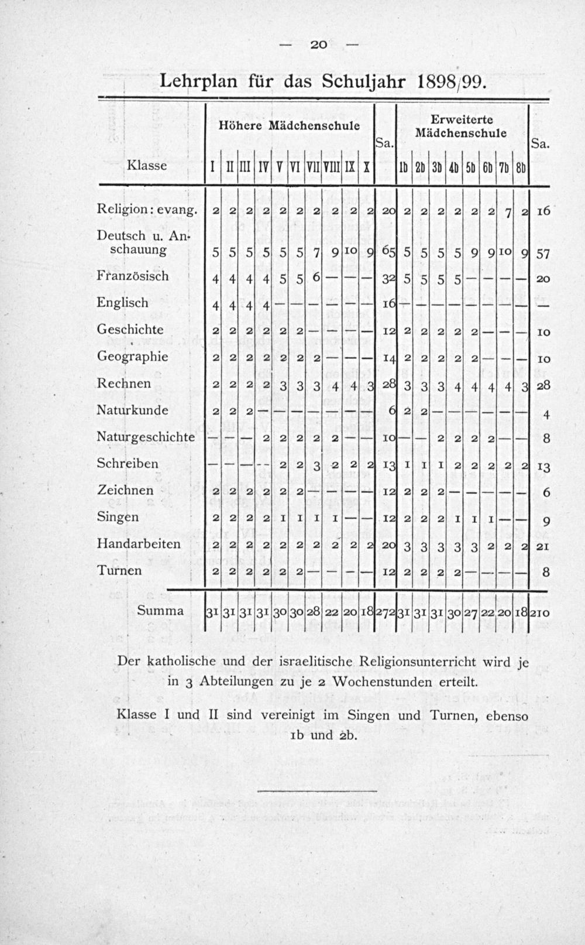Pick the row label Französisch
(x=133, y=276)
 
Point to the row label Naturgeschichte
(x=145, y=436)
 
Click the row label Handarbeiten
(x=139, y=543)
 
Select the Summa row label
(x=160, y=611)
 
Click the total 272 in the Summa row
(x=385, y=612)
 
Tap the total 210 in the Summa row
(x=539, y=612)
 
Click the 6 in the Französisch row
(x=315, y=276)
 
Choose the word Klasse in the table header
(x=147, y=166)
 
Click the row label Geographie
(x=132, y=357)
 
